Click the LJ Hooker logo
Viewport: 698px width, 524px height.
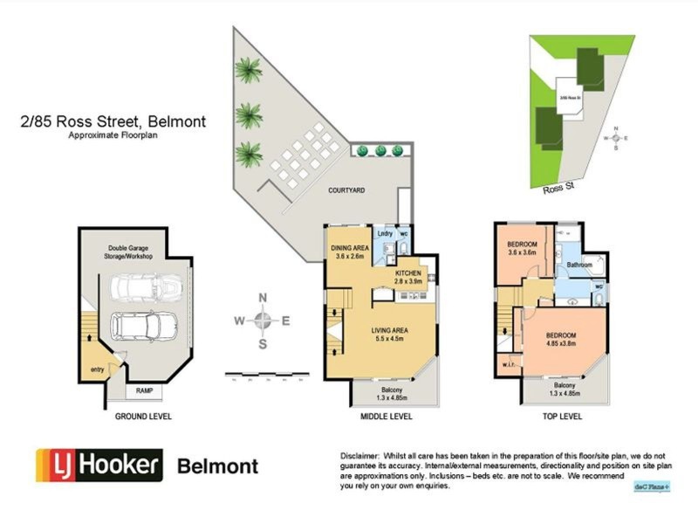pos(99,465)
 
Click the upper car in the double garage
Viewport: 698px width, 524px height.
pos(147,286)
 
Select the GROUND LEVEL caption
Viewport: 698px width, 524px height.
pos(143,417)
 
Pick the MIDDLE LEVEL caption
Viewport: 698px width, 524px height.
pos(386,417)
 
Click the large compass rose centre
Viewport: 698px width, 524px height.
pos(263,321)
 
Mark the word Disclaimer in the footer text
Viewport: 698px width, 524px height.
pos(359,457)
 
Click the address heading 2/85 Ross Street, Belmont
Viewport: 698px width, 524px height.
pos(113,122)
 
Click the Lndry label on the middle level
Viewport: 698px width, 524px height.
pos(384,234)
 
